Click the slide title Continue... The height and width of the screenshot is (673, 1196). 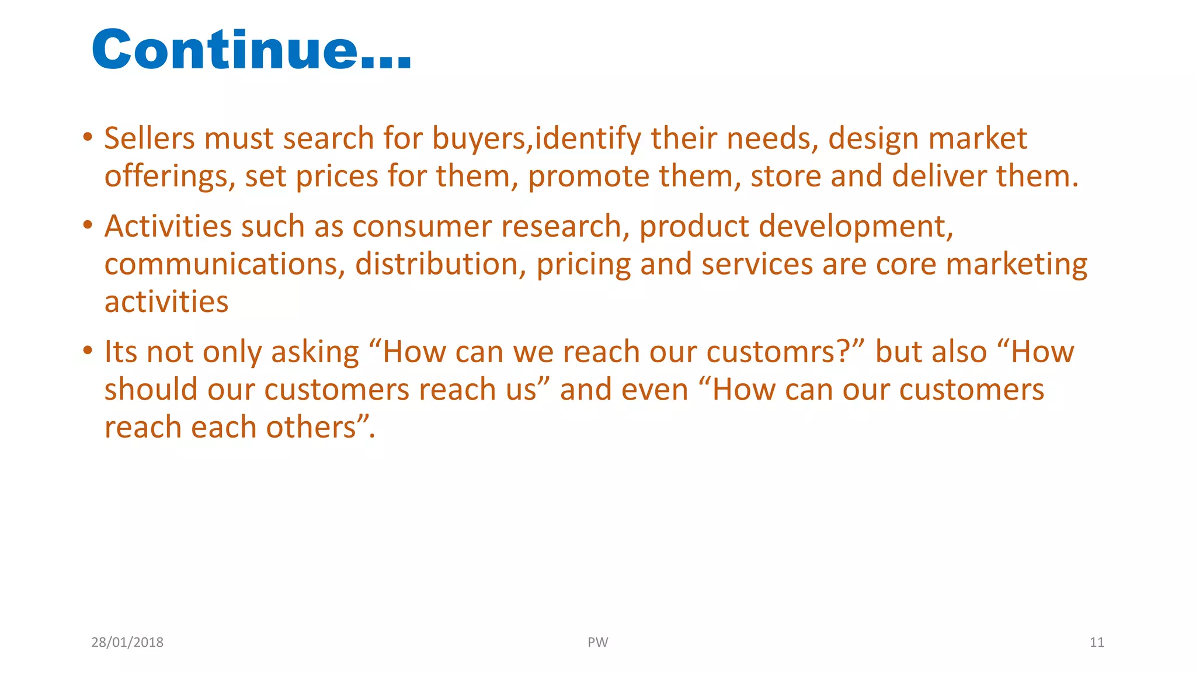(252, 50)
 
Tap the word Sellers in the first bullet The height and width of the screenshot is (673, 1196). (149, 139)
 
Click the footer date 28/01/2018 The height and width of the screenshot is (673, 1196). (127, 643)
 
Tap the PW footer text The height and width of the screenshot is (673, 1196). (597, 643)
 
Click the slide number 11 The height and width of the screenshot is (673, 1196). (1097, 643)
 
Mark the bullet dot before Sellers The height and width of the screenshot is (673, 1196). (88, 138)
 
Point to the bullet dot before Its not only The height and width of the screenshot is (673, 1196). (88, 352)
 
